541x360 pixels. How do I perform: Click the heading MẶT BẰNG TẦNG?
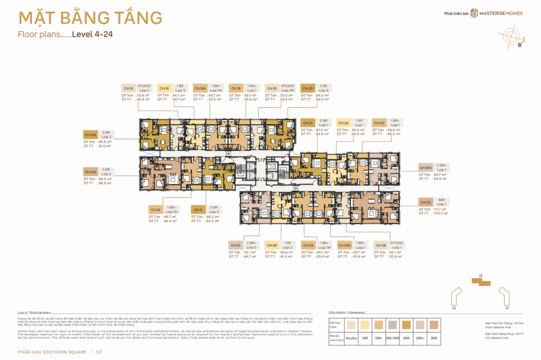coord(90,18)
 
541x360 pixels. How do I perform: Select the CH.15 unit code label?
coord(128,88)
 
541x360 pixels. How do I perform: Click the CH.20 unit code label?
coord(307,88)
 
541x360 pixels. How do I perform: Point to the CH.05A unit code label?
coord(425,167)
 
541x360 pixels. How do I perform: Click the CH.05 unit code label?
coord(426,202)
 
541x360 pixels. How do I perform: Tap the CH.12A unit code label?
coord(90,171)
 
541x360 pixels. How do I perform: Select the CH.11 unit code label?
coord(198,209)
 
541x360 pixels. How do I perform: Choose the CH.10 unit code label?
coord(235,245)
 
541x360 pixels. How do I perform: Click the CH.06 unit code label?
coord(380,245)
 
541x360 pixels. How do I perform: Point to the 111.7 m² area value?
coord(440,209)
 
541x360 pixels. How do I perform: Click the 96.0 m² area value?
coord(105,179)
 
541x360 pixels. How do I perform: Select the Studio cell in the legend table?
coord(351,337)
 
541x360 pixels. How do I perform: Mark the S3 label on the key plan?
coord(480,276)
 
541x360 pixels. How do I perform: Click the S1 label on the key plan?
coord(507,307)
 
